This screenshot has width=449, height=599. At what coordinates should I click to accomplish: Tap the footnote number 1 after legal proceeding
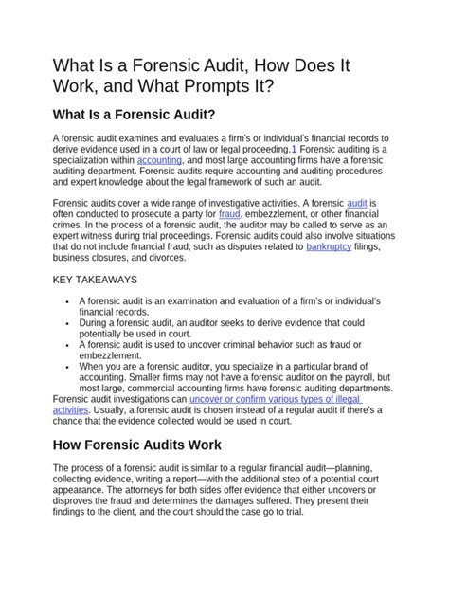(x=295, y=150)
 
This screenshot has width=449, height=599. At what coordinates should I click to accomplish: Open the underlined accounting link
(x=159, y=161)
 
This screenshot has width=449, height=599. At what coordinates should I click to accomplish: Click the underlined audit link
(x=357, y=203)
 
